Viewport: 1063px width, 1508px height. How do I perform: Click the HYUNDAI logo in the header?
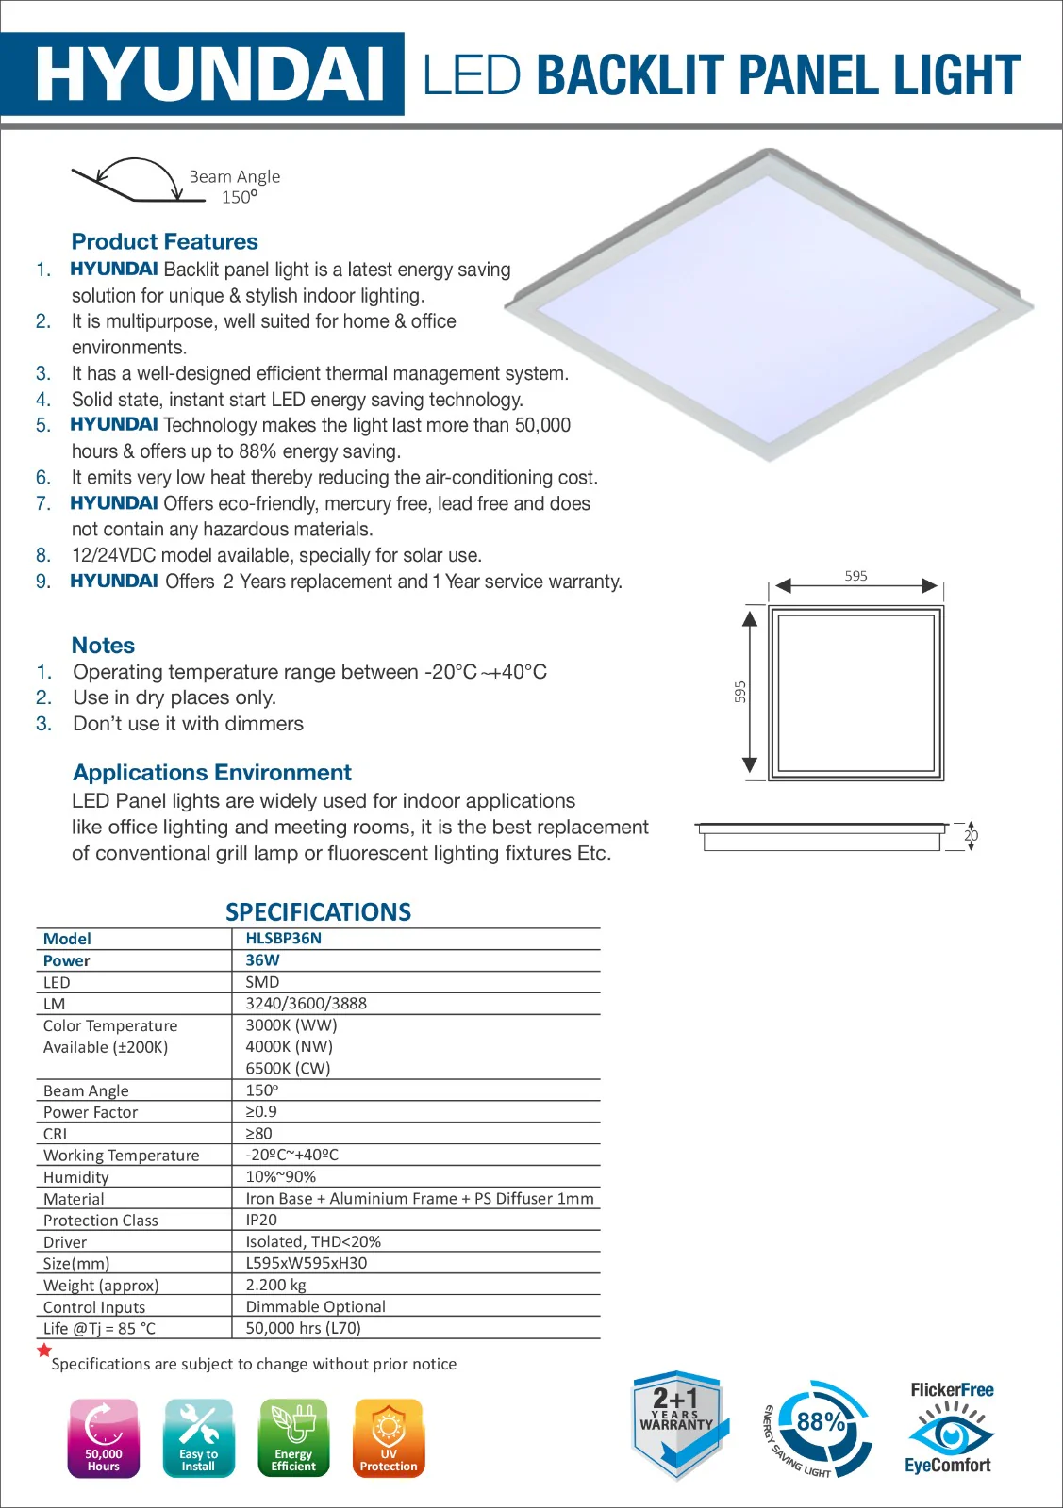(x=209, y=74)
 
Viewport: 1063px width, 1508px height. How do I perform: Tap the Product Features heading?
(x=164, y=241)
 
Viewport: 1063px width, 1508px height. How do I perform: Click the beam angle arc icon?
(x=139, y=180)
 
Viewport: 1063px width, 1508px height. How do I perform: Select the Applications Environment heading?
(x=212, y=773)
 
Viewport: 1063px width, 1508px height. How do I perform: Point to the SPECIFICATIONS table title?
(x=318, y=912)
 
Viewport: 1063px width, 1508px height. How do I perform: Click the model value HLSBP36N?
(x=283, y=939)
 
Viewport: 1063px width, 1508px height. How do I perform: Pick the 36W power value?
(x=262, y=960)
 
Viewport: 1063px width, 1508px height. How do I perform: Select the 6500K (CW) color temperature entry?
(x=288, y=1069)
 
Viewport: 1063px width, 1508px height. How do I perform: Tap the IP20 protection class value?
(x=261, y=1221)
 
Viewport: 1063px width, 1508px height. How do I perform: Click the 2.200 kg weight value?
(x=275, y=1286)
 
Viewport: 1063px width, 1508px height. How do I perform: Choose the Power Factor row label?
(x=91, y=1112)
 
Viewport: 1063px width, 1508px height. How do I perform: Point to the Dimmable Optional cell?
(x=315, y=1307)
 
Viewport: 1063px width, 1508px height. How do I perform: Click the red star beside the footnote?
(x=43, y=1351)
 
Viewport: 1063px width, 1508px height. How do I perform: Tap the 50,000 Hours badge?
(x=104, y=1437)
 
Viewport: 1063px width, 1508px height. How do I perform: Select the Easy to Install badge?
(x=198, y=1437)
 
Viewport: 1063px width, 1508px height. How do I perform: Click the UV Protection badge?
(x=389, y=1437)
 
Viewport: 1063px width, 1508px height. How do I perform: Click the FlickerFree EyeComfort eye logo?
(x=951, y=1429)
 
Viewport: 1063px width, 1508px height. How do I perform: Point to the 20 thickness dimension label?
(x=971, y=836)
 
